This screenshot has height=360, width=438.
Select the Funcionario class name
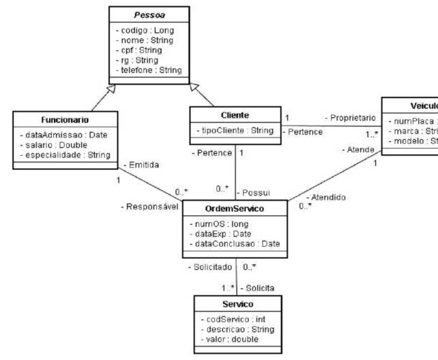(x=61, y=119)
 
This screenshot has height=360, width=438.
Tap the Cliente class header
(x=235, y=115)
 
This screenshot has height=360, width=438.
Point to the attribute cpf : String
(x=140, y=50)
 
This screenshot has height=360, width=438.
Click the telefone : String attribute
(x=150, y=70)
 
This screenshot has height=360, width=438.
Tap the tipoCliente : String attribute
(x=236, y=130)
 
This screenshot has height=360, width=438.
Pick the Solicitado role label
(x=210, y=267)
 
